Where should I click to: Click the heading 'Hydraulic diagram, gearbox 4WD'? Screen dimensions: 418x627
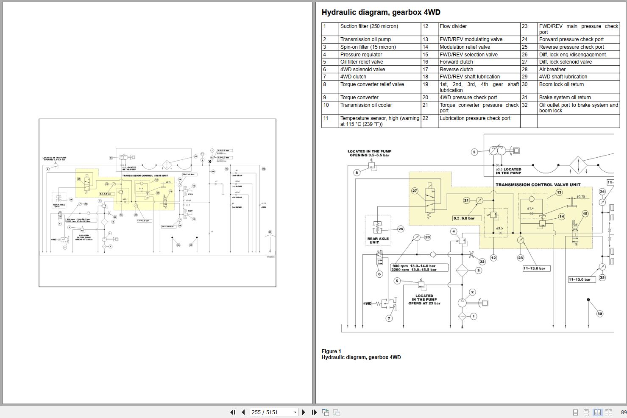pos(381,12)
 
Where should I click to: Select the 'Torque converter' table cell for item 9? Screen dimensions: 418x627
pos(359,98)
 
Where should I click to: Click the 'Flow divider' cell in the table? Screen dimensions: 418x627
pos(453,26)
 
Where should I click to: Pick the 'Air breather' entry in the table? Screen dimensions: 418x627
pos(552,70)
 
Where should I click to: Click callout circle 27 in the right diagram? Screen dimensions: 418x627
pos(415,191)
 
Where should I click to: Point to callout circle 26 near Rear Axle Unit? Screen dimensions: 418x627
pos(401,229)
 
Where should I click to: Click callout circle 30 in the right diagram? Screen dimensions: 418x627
pos(599,314)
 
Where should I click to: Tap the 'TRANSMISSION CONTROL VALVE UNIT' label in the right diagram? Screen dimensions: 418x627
pos(538,184)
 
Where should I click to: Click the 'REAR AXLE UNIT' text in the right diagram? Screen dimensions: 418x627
pos(378,240)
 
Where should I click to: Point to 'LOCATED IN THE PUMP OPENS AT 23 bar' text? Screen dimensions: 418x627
pos(424,299)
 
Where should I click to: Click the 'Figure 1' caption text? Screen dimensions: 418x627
pos(331,351)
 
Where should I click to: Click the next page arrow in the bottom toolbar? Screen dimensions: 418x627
pos(304,412)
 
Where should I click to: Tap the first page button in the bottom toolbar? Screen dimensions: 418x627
pos(232,412)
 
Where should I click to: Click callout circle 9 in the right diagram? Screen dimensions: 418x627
pos(474,152)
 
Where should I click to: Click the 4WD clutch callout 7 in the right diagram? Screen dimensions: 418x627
pos(389,318)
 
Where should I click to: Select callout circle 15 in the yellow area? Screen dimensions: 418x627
pos(585,214)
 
